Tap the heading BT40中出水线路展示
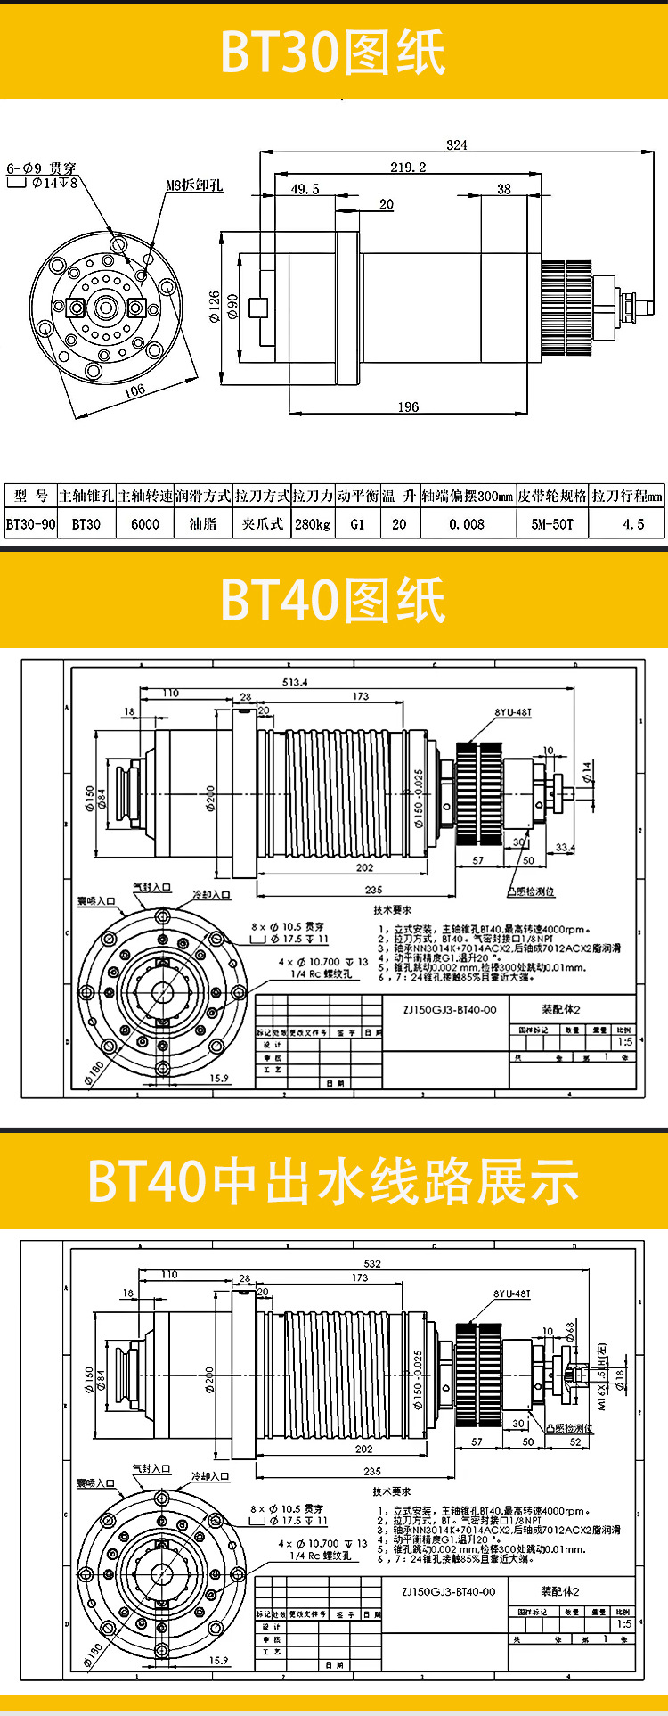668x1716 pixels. pyautogui.click(x=333, y=1181)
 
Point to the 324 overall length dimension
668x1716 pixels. pyautogui.click(x=457, y=145)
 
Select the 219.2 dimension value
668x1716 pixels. pyautogui.click(x=408, y=167)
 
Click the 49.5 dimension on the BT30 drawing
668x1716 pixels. pyautogui.click(x=305, y=189)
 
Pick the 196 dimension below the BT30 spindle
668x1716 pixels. pyautogui.click(x=408, y=406)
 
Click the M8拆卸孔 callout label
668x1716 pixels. pyautogui.click(x=194, y=185)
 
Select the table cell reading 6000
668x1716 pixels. pyautogui.click(x=145, y=524)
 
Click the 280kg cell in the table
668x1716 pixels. pyautogui.click(x=313, y=524)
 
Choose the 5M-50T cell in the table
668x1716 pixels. pyautogui.click(x=552, y=524)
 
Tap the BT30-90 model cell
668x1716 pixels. pyautogui.click(x=31, y=524)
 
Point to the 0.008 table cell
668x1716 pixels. pyautogui.click(x=468, y=524)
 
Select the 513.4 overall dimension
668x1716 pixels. pyautogui.click(x=295, y=682)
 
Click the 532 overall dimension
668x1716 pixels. pyautogui.click(x=371, y=1263)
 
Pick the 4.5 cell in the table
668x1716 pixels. pyautogui.click(x=633, y=524)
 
